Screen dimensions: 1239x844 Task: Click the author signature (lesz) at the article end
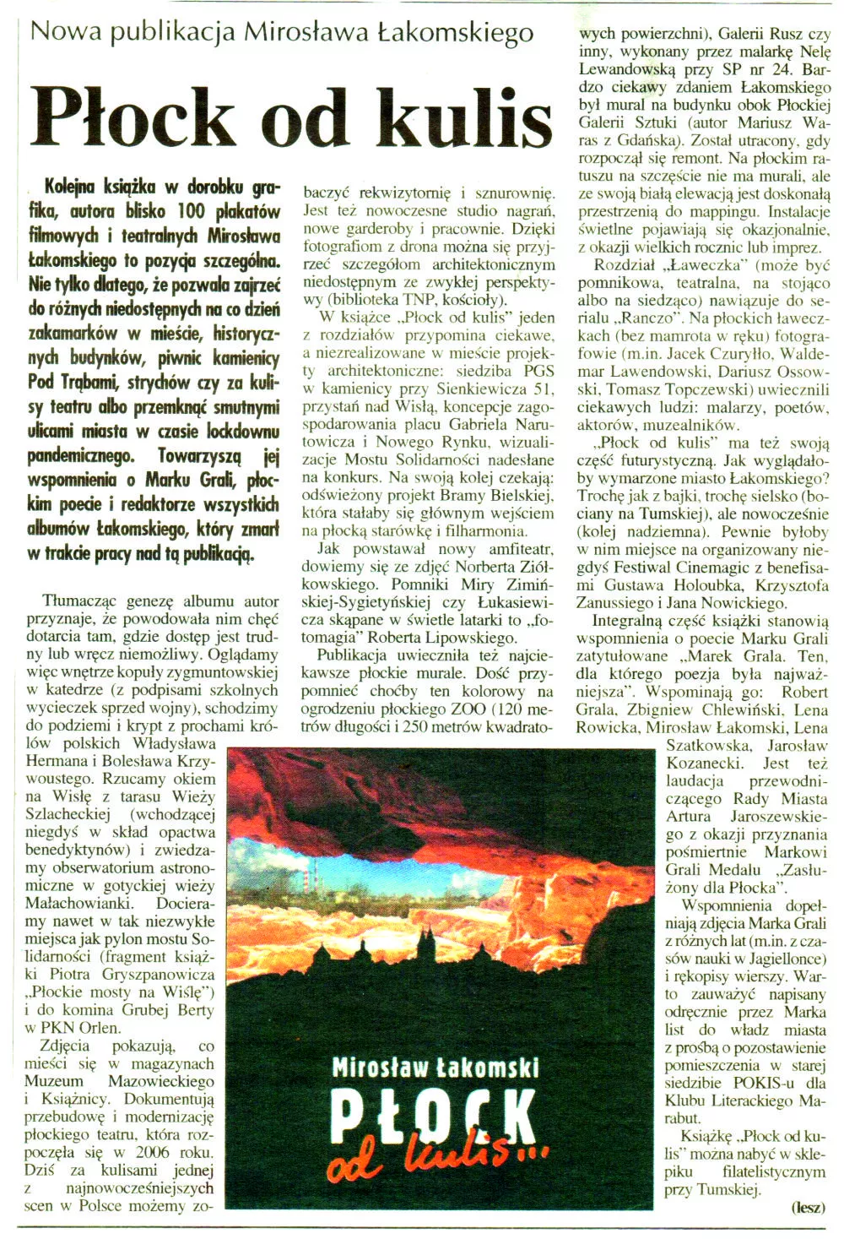tap(808, 1207)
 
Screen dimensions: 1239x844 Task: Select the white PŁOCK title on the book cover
tap(433, 1117)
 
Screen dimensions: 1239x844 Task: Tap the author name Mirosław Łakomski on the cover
tap(436, 1068)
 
